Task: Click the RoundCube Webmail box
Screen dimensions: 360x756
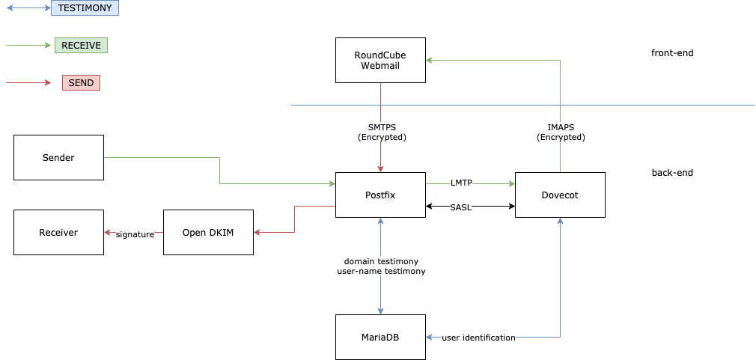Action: (x=380, y=60)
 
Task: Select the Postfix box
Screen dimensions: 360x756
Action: (x=380, y=195)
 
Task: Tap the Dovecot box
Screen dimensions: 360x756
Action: (x=560, y=195)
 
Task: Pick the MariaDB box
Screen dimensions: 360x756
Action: (x=380, y=337)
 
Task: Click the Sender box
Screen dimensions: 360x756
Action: (x=58, y=157)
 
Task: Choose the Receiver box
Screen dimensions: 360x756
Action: (x=58, y=232)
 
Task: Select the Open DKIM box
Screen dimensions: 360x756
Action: (x=208, y=232)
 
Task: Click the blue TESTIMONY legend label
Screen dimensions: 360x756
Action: (x=85, y=8)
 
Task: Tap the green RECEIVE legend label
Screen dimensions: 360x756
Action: (x=81, y=45)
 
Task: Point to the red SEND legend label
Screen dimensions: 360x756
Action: (x=81, y=82)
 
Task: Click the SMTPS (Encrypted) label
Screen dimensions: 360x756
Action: (x=382, y=132)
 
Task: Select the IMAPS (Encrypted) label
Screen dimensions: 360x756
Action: (x=561, y=132)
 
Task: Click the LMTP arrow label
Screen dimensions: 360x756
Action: (x=461, y=183)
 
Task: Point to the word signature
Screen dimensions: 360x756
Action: (x=135, y=234)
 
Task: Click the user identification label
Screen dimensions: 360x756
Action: (x=478, y=338)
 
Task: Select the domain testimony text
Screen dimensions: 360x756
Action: (x=381, y=260)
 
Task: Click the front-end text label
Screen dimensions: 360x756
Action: (x=672, y=52)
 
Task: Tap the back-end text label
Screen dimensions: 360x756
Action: (x=672, y=172)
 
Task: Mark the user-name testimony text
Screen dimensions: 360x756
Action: (x=381, y=271)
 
